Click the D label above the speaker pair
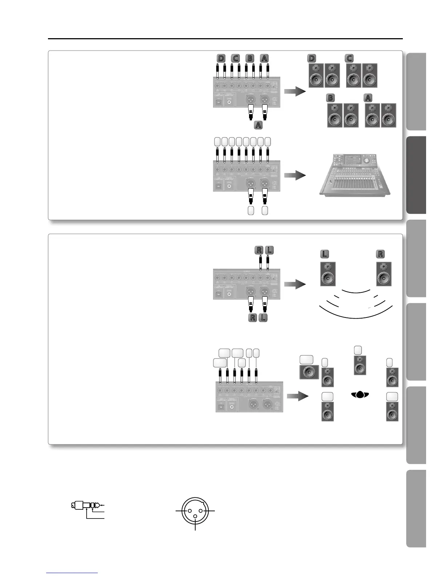[x=312, y=58]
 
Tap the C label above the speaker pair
[x=349, y=58]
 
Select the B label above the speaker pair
[x=330, y=98]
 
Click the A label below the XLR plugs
[x=258, y=125]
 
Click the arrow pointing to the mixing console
[x=294, y=176]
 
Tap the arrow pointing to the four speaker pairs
[x=294, y=92]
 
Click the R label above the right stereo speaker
[x=380, y=254]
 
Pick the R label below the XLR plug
[x=252, y=317]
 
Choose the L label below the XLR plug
[x=263, y=317]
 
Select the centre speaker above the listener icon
[x=360, y=365]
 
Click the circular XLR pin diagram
[x=195, y=511]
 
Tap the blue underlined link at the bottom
[x=72, y=573]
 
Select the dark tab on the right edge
[x=416, y=175]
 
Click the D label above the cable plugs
[x=221, y=58]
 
